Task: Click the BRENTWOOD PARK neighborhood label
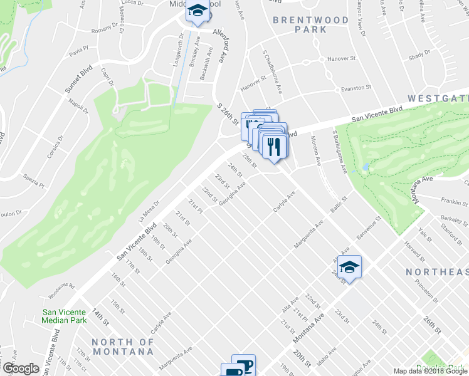pyautogui.click(x=311, y=24)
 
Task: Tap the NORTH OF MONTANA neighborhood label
pyautogui.click(x=123, y=347)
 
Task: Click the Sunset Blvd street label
pyautogui.click(x=78, y=80)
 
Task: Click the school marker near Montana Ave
pyautogui.click(x=349, y=267)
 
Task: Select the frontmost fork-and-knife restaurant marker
pyautogui.click(x=274, y=147)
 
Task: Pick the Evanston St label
pyautogui.click(x=357, y=89)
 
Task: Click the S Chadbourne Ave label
pyautogui.click(x=278, y=78)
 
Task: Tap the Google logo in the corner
pyautogui.click(x=21, y=368)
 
